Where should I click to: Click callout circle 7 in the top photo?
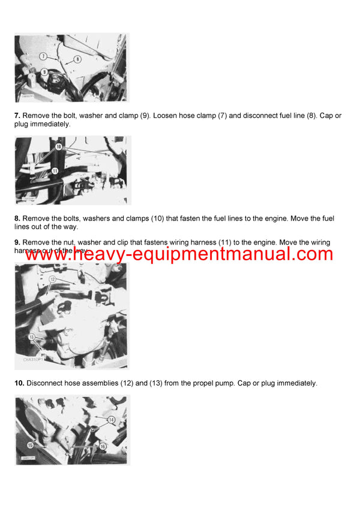pyautogui.click(x=44, y=56)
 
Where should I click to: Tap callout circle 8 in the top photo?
pyautogui.click(x=77, y=59)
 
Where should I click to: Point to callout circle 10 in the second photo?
pyautogui.click(x=58, y=146)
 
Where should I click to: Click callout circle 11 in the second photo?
pyautogui.click(x=55, y=170)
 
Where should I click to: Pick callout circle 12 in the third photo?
pyautogui.click(x=52, y=279)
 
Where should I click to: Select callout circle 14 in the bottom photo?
pyautogui.click(x=111, y=420)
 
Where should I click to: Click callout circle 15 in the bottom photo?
pyautogui.click(x=30, y=445)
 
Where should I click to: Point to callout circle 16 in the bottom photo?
pyautogui.click(x=103, y=447)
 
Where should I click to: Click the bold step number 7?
pyautogui.click(x=17, y=115)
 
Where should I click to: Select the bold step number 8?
pyautogui.click(x=17, y=218)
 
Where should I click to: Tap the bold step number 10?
pyautogui.click(x=19, y=383)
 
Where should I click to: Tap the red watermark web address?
pyautogui.click(x=179, y=254)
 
